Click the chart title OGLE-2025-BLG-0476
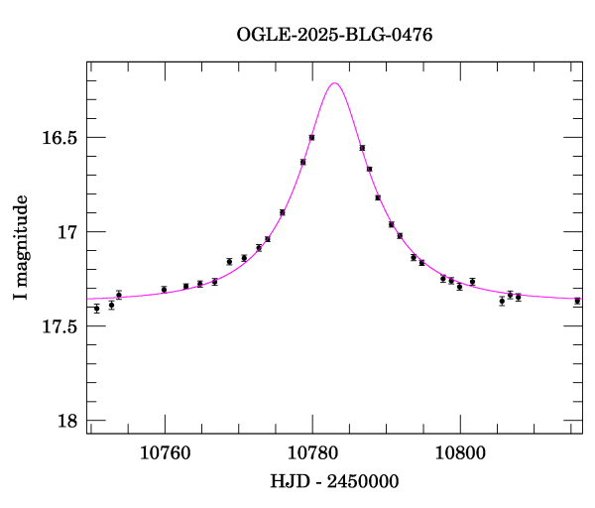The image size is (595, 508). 334,35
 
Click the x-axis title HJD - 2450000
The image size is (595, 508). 334,482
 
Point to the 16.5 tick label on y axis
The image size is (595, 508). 59,138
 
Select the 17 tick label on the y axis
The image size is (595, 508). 66,232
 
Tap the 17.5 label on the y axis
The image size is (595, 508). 59,327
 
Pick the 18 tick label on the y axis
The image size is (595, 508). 66,422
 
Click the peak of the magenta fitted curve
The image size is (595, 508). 335,83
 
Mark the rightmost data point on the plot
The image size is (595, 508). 577,301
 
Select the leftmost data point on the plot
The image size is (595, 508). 96,309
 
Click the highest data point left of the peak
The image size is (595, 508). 311,137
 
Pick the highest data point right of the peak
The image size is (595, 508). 362,148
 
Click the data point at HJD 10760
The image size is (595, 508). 164,290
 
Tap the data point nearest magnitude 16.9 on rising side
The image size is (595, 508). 283,212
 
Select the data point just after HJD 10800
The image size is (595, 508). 472,282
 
